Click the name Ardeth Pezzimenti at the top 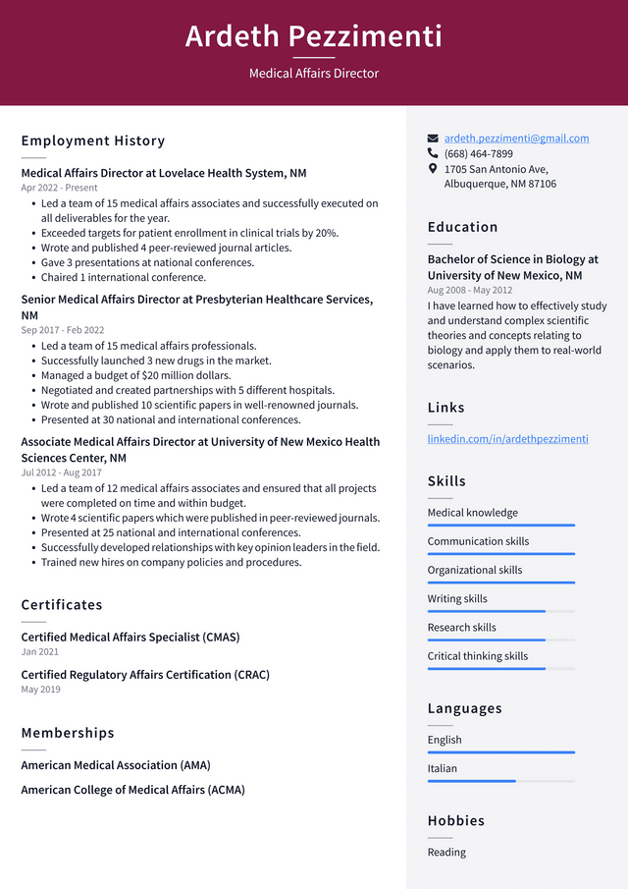313,36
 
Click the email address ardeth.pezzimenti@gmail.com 516,139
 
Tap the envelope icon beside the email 433,139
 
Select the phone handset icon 433,153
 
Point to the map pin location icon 433,168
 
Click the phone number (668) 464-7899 478,153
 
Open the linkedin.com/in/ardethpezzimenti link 507,438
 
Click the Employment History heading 93,140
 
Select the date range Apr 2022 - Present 59,188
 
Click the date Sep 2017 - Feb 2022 63,330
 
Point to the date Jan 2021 40,651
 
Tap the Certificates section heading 62,604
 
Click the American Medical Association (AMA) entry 116,764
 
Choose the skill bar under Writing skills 500,611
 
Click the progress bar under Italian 500,781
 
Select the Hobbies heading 456,820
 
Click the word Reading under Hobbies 446,852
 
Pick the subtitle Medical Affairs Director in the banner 313,74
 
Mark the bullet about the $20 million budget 135,375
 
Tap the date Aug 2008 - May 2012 470,291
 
